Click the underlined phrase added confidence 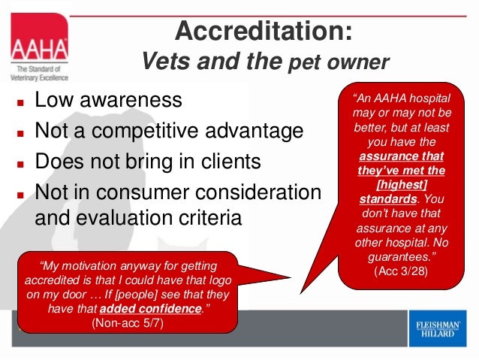pyautogui.click(x=155, y=308)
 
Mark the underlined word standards pyautogui.click(x=386, y=200)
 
